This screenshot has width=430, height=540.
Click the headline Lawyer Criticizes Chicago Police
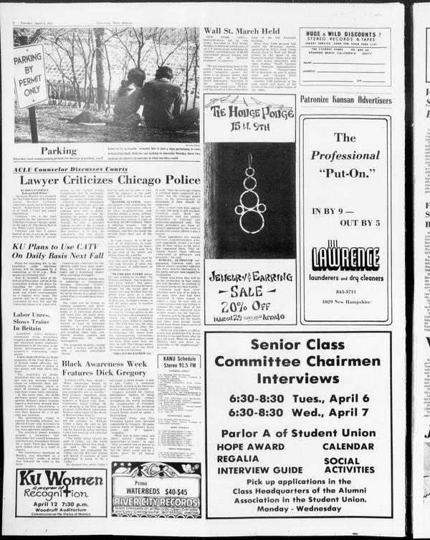pos(110,180)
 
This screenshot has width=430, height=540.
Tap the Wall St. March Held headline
pos(242,31)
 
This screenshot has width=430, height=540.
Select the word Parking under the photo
pos(59,151)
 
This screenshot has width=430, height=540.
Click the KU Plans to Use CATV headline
pos(58,250)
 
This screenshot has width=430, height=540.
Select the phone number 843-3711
pos(345,291)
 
